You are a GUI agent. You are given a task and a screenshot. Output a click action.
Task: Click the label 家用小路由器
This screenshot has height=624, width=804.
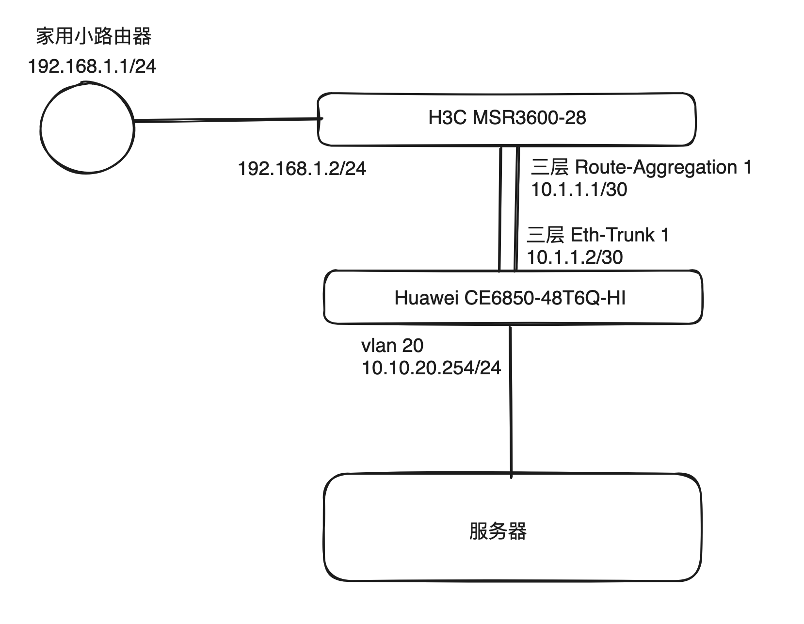(94, 37)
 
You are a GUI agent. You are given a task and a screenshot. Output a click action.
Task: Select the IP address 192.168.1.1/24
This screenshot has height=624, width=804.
(92, 66)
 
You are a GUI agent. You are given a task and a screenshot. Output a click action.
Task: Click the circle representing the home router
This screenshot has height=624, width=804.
(87, 128)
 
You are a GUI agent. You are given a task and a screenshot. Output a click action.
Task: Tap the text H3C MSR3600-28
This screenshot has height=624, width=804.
(507, 118)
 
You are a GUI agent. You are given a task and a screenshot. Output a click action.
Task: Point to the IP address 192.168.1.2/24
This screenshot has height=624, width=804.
(302, 169)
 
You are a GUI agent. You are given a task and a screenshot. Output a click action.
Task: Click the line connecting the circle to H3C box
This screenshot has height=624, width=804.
(228, 120)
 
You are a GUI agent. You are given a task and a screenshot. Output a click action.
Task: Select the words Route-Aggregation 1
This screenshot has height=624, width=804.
(663, 167)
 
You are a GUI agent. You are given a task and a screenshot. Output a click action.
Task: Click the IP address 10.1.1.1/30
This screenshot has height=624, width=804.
(579, 190)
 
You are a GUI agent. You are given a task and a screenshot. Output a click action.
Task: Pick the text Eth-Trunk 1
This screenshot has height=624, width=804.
(620, 235)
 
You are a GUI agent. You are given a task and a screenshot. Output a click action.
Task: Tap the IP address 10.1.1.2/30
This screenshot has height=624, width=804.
(575, 257)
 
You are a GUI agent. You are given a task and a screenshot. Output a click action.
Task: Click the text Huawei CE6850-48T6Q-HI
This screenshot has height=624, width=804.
(510, 298)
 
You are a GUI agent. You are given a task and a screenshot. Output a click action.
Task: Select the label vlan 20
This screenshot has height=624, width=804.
(392, 346)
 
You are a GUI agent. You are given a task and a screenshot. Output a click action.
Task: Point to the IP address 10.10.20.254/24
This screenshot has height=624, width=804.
(431, 368)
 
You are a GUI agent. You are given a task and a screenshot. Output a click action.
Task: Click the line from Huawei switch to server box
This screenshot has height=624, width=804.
(511, 402)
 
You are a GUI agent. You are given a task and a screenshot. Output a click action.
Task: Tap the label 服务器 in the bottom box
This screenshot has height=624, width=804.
(498, 531)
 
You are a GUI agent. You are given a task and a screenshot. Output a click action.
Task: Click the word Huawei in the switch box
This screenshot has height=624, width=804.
(427, 298)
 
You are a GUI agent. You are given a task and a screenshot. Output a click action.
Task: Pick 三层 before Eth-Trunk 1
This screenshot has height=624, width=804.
(546, 235)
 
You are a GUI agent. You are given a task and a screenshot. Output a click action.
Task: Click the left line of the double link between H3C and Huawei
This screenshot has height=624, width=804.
(500, 209)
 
